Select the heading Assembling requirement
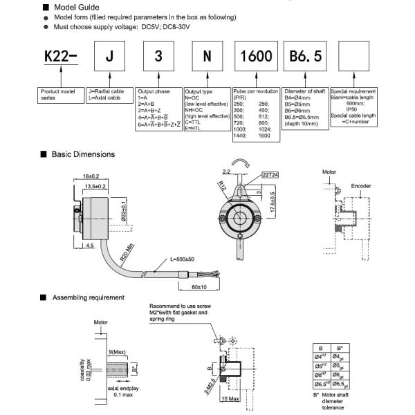(89, 297)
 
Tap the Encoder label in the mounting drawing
(360, 186)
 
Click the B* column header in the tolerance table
(338, 348)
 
